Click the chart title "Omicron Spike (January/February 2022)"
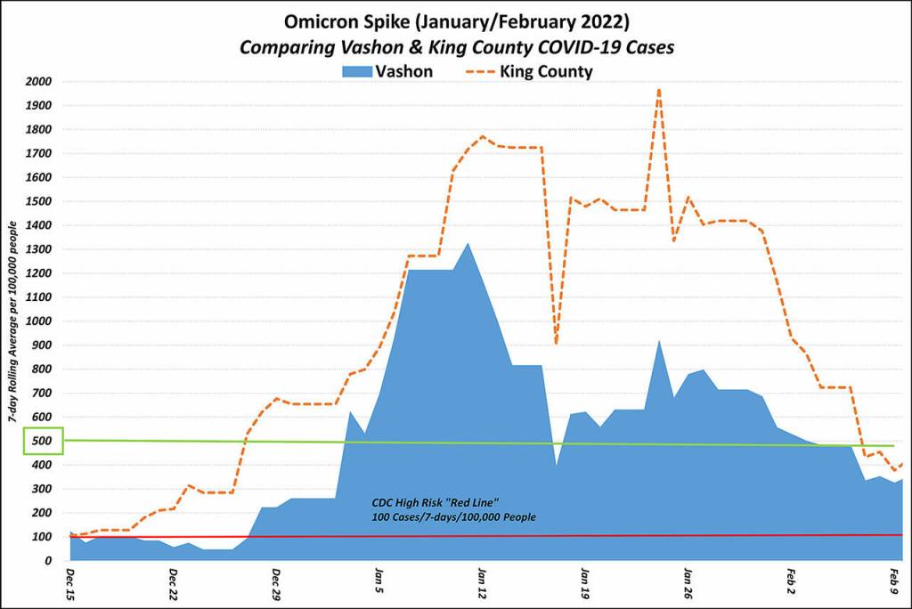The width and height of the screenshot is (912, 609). (455, 19)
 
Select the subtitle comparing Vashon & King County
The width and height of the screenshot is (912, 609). (455, 45)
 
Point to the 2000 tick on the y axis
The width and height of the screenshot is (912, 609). (38, 81)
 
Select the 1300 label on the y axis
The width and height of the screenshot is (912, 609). (38, 249)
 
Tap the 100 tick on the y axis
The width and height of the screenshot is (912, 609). (42, 537)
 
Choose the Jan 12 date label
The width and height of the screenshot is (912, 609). (482, 582)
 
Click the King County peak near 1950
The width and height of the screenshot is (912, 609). (658, 89)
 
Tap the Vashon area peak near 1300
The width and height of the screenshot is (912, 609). (468, 243)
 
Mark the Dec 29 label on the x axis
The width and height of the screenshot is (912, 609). (276, 582)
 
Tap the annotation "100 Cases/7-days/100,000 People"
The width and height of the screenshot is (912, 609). (452, 516)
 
